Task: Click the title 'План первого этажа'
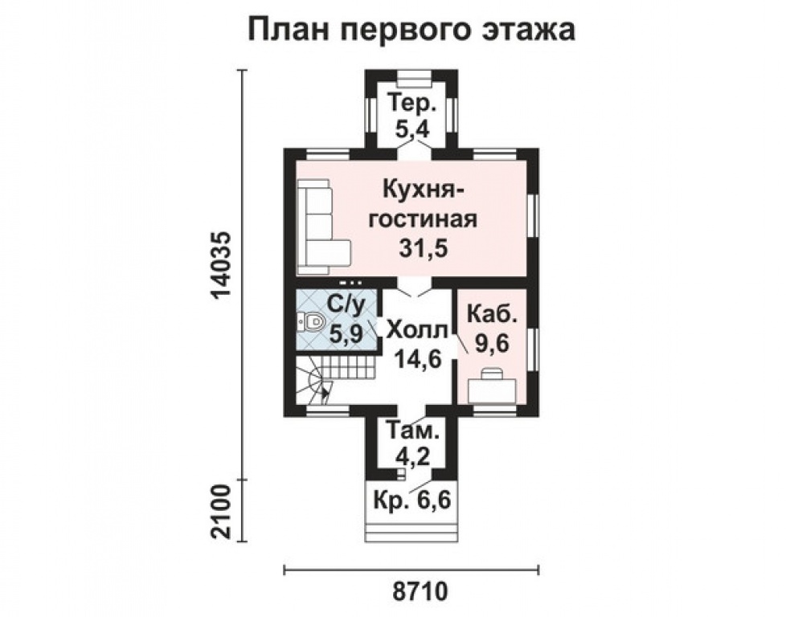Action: [x=412, y=31]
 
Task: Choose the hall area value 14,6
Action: [x=418, y=358]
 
